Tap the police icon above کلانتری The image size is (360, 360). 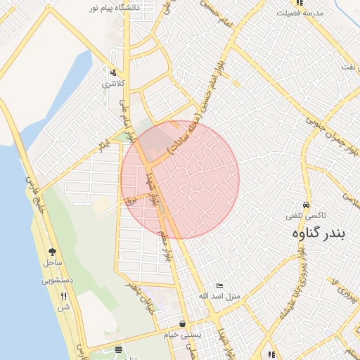(x=112, y=72)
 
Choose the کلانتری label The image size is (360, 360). (x=113, y=84)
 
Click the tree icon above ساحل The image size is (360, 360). (x=53, y=252)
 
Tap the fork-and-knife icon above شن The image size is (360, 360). (x=64, y=295)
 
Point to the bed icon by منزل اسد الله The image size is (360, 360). (x=219, y=286)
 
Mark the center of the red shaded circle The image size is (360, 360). (x=180, y=179)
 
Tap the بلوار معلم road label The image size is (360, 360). (x=167, y=238)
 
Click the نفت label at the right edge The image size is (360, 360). (x=349, y=66)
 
